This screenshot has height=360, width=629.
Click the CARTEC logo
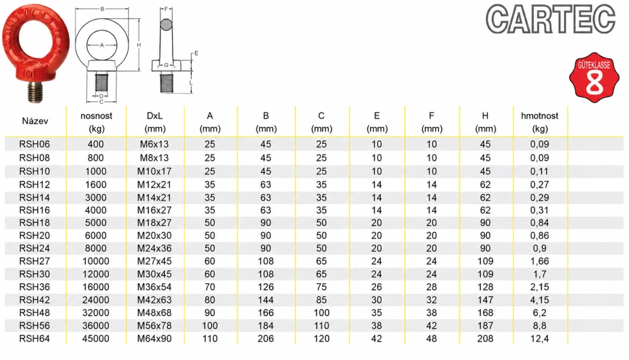click(550, 19)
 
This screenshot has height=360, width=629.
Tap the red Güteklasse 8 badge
click(594, 77)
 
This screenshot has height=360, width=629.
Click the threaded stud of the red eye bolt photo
click(35, 91)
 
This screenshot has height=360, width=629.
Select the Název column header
click(35, 121)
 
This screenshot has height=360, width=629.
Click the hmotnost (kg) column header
click(540, 122)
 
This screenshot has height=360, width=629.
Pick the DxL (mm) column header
click(154, 122)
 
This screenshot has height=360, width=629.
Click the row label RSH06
click(35, 144)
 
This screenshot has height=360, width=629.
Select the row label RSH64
click(35, 339)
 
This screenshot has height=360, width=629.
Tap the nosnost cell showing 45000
click(96, 339)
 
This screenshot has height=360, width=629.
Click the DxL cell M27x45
click(154, 261)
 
